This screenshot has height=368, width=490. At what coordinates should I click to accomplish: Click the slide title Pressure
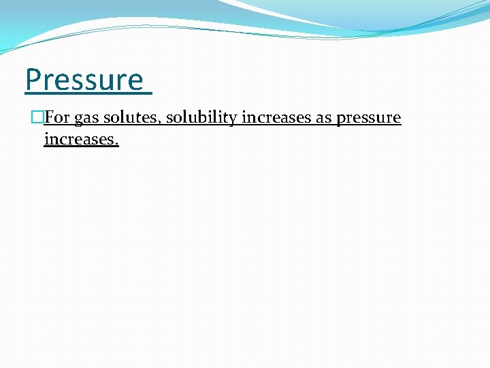(84, 80)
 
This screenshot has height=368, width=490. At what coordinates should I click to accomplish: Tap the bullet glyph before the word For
(37, 118)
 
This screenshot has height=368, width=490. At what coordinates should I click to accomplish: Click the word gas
(86, 119)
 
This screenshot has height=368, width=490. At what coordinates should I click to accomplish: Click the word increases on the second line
(80, 140)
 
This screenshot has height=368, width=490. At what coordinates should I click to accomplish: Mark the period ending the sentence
(117, 144)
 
